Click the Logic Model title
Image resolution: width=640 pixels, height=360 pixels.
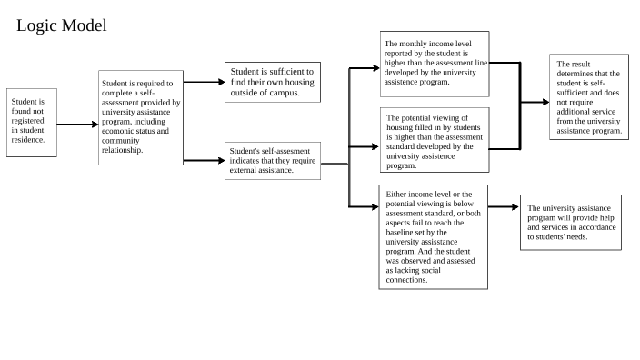point(62,26)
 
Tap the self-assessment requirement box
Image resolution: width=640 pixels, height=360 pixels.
point(141,117)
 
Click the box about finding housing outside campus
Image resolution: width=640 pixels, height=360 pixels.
point(272,82)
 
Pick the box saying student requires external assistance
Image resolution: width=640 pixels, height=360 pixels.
point(273,161)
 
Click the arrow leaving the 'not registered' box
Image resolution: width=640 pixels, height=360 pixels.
point(76,124)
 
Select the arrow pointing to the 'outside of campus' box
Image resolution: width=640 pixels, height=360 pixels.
point(205,82)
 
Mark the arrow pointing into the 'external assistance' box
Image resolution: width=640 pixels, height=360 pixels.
point(205,160)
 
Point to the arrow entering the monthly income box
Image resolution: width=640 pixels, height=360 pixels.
point(364,67)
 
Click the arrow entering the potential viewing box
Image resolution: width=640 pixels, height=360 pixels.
point(364,145)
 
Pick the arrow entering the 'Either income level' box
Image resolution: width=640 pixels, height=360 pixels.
point(364,207)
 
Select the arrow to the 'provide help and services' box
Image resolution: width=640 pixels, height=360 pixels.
point(503,207)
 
